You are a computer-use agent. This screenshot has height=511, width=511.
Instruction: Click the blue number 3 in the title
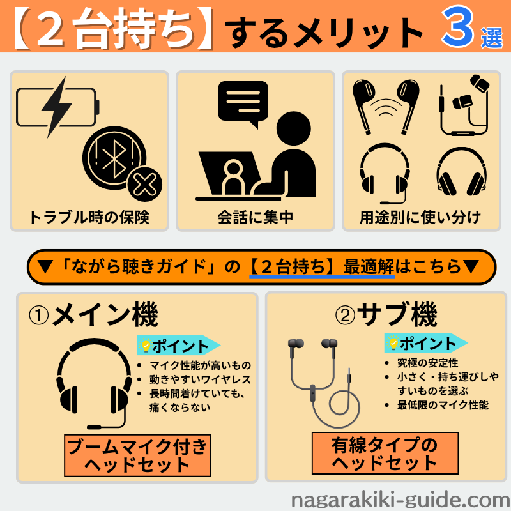(457, 27)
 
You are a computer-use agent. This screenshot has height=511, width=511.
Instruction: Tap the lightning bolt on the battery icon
(57, 107)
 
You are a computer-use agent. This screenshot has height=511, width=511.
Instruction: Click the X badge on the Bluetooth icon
(145, 185)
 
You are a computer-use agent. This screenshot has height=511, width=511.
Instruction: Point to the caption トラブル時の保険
(89, 217)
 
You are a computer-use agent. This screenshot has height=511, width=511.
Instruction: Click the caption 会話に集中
(255, 217)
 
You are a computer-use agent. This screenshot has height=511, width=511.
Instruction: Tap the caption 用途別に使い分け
(420, 217)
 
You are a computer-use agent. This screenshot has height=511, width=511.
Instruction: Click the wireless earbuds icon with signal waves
(386, 107)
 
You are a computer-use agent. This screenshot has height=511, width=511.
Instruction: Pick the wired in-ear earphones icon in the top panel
(464, 105)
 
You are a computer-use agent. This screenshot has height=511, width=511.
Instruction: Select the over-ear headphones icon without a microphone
(461, 172)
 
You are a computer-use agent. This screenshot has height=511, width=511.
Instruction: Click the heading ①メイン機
(93, 315)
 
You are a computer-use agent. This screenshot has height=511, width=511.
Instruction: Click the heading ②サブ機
(386, 314)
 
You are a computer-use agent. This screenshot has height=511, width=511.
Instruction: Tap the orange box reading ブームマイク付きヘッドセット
(137, 455)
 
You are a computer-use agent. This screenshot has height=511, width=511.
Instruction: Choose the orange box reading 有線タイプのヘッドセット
(385, 453)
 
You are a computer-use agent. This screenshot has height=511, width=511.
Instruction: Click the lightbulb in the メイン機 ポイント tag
(146, 346)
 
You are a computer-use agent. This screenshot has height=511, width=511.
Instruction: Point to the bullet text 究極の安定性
(427, 363)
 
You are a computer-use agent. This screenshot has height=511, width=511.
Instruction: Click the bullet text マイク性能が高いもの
(200, 365)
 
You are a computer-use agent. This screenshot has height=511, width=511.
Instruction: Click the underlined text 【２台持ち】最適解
(322, 267)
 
